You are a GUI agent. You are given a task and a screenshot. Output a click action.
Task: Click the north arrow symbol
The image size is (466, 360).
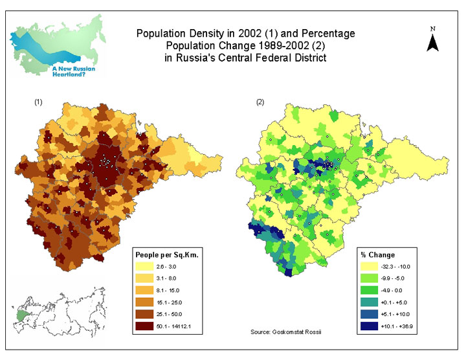click(434, 42)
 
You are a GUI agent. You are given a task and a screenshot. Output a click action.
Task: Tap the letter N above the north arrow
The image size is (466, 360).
click(434, 28)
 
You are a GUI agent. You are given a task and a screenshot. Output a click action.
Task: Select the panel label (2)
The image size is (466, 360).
click(260, 102)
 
